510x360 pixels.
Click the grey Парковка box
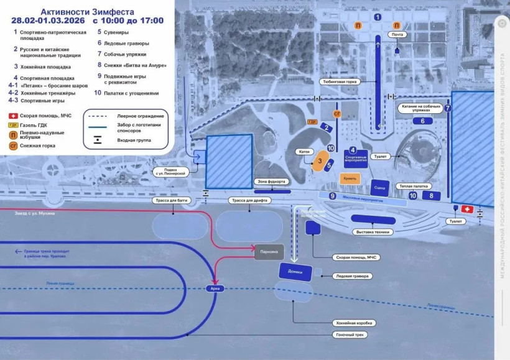click(269, 252)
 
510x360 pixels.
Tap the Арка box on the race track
click(215, 288)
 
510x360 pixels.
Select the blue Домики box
click(295, 272)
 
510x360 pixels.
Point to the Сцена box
click(379, 187)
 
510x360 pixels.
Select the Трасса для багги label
click(170, 200)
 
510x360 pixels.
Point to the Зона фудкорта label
click(271, 182)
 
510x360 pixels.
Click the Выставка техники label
click(372, 232)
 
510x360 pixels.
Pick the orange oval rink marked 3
click(319, 161)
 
